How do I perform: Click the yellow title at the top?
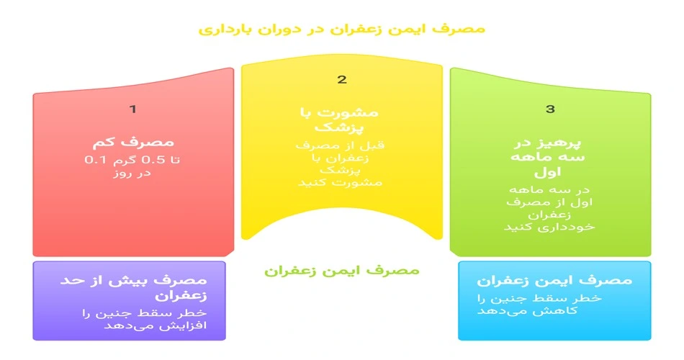[341, 30]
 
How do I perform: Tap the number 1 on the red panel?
[133, 109]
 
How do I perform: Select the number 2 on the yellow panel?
[342, 79]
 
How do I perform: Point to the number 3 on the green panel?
[551, 109]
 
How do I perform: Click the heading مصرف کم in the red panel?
[133, 142]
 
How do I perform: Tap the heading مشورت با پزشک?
[339, 120]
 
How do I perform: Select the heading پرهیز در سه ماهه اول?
[548, 158]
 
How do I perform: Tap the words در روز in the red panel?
[132, 173]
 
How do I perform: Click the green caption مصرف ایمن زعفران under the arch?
[341, 271]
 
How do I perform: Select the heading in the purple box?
[133, 287]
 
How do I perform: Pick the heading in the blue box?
[554, 280]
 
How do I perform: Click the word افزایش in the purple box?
[186, 325]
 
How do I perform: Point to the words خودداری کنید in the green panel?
[549, 227]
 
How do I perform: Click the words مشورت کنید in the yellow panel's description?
[341, 182]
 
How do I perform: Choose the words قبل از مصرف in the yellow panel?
[341, 145]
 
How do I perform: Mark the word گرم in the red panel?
[125, 160]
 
